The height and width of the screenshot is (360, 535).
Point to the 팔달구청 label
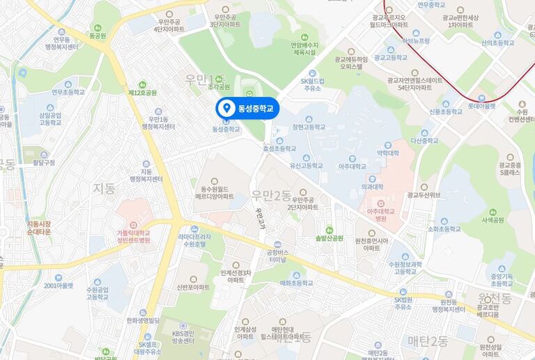coord(44,162)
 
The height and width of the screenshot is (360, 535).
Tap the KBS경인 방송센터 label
coord(185,338)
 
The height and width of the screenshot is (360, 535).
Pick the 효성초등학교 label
coord(279,148)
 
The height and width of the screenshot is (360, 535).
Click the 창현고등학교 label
coord(309,127)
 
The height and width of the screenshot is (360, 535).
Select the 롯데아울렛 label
coord(481,106)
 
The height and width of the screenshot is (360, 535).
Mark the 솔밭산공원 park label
coord(329,237)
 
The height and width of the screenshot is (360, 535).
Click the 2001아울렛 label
coord(59,285)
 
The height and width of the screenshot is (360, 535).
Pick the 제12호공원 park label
coord(143,92)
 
